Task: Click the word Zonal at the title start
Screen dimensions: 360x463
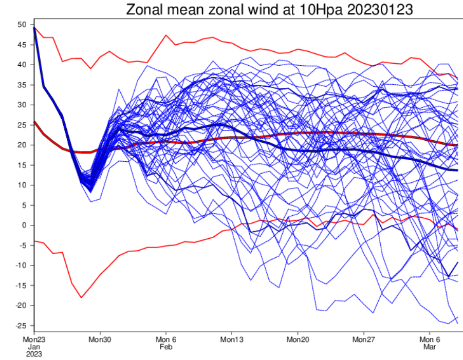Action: pos(145,10)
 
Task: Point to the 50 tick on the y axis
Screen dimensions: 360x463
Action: pos(22,25)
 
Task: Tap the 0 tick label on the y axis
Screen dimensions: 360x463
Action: pos(24,225)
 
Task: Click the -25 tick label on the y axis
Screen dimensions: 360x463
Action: pos(21,326)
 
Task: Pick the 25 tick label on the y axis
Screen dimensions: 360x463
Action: pos(22,125)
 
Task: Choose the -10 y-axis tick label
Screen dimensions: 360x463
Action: pos(21,265)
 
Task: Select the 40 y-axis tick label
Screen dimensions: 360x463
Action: pos(22,65)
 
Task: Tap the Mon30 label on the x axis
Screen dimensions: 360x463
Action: pos(100,339)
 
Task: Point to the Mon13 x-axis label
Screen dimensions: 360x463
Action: pos(231,339)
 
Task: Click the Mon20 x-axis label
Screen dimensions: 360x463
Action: pos(298,339)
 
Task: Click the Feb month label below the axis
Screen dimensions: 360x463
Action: pos(166,347)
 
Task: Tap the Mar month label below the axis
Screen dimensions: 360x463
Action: pos(429,347)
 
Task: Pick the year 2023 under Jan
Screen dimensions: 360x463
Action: pos(34,354)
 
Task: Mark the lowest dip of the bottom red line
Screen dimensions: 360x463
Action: pos(81,297)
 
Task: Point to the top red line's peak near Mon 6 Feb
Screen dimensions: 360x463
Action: pos(166,35)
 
